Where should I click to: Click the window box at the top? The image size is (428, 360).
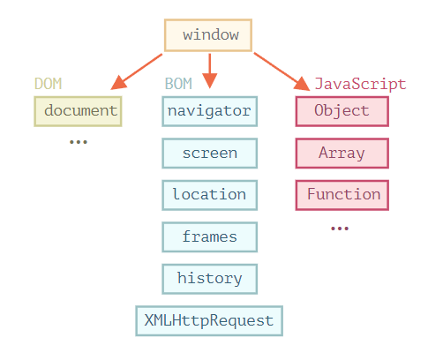tap(208, 35)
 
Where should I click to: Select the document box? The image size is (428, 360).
tap(79, 111)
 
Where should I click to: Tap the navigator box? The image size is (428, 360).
tap(210, 111)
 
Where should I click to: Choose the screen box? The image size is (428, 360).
tap(210, 153)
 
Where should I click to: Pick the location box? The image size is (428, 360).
tap(210, 194)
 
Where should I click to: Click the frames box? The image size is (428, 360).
tap(210, 236)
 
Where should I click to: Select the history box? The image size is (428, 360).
tap(210, 278)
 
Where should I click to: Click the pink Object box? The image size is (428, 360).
tap(342, 111)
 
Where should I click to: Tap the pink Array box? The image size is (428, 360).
tap(342, 153)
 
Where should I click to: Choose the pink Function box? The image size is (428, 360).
tap(342, 194)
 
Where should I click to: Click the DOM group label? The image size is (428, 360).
tap(49, 85)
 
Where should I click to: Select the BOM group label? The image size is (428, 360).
tap(179, 85)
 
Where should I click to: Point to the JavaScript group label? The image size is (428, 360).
tap(360, 85)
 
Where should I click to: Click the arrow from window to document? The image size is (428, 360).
tap(138, 71)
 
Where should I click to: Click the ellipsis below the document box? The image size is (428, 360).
tap(79, 142)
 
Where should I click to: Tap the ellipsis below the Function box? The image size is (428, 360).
tap(341, 229)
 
